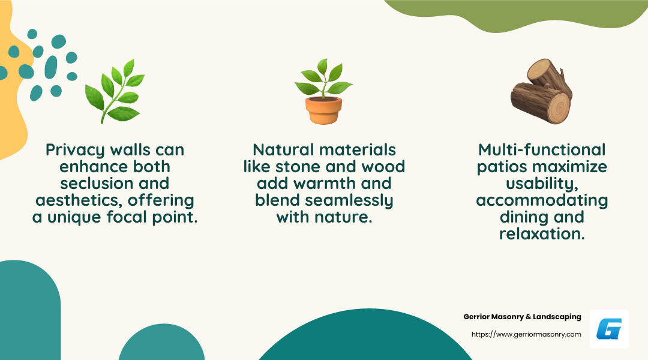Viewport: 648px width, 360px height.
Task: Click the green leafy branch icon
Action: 114,91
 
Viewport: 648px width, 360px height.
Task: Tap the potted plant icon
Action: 323,91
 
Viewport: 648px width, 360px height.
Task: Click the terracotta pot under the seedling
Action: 323,110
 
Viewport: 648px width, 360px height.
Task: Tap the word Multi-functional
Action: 542,150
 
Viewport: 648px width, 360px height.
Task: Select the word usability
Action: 541,184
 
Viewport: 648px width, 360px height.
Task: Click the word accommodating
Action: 542,200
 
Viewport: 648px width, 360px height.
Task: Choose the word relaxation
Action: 542,234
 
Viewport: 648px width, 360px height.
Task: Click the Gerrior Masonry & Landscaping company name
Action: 522,317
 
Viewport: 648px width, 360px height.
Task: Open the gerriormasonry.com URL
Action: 526,334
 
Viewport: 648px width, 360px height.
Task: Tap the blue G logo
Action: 609,329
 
